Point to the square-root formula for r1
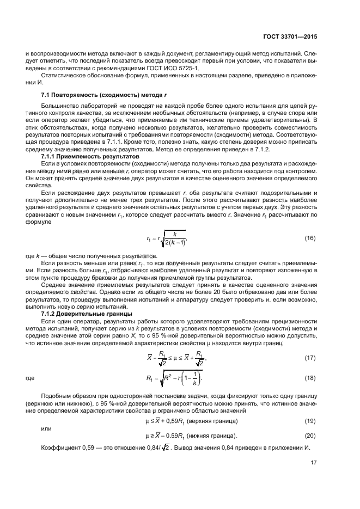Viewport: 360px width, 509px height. coord(167,238)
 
